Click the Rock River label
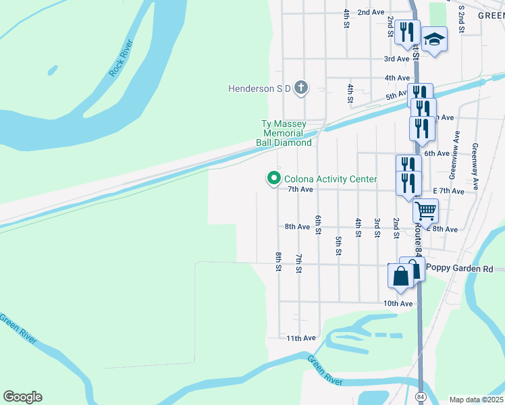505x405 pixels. pos(122,59)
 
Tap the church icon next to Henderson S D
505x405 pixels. pos(301,87)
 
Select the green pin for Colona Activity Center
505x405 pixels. pos(274,178)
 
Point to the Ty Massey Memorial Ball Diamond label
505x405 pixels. pos(284,134)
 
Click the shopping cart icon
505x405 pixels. pos(425,211)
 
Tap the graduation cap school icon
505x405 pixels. pos(435,40)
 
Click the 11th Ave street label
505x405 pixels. pos(301,337)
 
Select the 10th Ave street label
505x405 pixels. pos(398,304)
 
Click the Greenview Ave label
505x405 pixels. pos(453,160)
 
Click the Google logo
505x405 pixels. pos(22,397)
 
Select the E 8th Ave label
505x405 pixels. pos(443,230)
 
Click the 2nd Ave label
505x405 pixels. pos(371,12)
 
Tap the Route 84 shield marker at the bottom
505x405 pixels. pos(421,394)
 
